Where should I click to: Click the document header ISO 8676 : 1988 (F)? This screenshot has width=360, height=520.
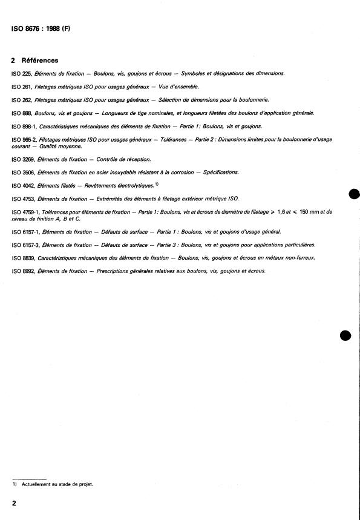(x=41, y=28)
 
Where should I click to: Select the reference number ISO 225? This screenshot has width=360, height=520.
(x=22, y=73)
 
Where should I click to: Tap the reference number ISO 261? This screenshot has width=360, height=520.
(x=22, y=87)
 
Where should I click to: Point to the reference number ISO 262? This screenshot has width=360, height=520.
(x=22, y=99)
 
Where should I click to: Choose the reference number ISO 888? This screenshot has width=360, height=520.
(x=22, y=113)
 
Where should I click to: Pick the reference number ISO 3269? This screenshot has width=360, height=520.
(x=24, y=159)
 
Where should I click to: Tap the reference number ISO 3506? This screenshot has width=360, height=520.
(x=24, y=172)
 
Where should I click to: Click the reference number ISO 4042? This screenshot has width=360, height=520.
(x=24, y=185)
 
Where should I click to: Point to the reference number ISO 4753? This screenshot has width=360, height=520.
(x=24, y=199)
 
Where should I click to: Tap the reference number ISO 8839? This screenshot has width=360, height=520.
(x=24, y=258)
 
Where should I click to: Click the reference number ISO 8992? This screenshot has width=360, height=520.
(x=24, y=271)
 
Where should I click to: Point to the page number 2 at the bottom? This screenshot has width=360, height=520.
(x=13, y=503)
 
